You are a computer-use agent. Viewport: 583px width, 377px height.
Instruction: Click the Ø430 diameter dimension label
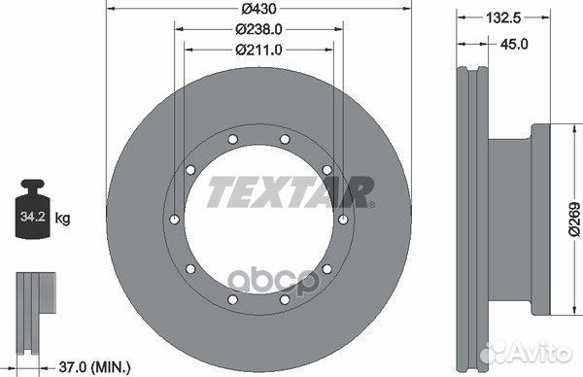pyautogui.click(x=258, y=8)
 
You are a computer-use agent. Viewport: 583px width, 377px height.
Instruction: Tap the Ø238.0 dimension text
pyautogui.click(x=258, y=29)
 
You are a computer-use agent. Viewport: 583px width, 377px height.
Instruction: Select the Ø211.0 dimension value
pyautogui.click(x=258, y=50)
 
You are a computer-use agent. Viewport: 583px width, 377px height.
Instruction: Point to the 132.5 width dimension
pyautogui.click(x=503, y=17)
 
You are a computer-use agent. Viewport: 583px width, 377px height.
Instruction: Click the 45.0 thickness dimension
pyautogui.click(x=514, y=45)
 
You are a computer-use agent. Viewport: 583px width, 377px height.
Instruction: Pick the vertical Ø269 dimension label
pyautogui.click(x=574, y=219)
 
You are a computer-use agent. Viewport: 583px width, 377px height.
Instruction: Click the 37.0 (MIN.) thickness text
pyautogui.click(x=95, y=367)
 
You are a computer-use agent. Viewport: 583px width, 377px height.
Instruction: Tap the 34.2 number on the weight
pyautogui.click(x=33, y=217)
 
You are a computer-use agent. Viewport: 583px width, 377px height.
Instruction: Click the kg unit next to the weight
pyautogui.click(x=62, y=219)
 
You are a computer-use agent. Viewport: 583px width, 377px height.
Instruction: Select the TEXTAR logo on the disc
pyautogui.click(x=291, y=191)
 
